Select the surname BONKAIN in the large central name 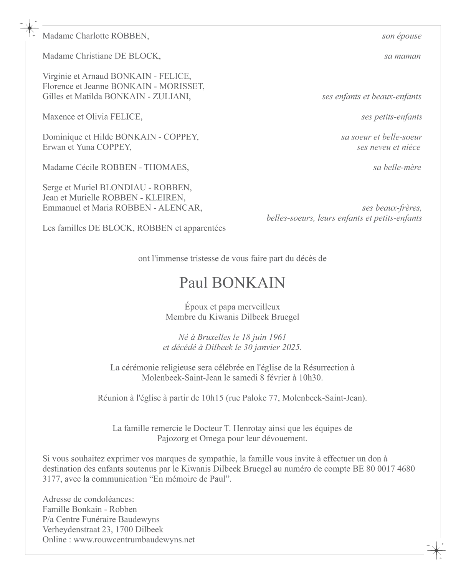[x=248, y=283]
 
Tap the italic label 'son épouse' [x=402, y=36]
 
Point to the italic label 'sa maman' [x=402, y=56]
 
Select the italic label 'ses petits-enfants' [x=391, y=117]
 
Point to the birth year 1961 [x=278, y=337]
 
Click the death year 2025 [x=291, y=347]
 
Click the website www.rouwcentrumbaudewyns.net [x=134, y=540]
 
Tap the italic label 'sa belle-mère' [x=397, y=167]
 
